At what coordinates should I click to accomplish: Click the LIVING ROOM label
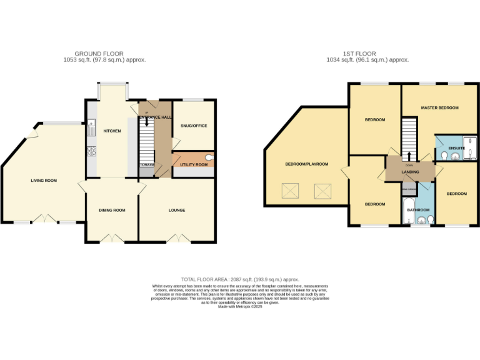[44, 181]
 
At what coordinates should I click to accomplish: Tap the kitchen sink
[91, 130]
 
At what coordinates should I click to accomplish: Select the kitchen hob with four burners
[91, 151]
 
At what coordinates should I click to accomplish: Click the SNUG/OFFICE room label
[194, 126]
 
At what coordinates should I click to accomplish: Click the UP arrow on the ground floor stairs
[147, 122]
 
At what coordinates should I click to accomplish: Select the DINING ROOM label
[112, 211]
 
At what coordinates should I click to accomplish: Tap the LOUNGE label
[177, 211]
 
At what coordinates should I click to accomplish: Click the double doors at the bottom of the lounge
[177, 238]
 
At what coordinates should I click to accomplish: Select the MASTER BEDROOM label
[439, 108]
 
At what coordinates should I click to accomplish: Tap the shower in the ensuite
[469, 148]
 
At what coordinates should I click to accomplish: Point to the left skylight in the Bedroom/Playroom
[290, 190]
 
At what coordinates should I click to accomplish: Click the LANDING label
[410, 171]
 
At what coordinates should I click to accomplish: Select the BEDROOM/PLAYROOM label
[306, 164]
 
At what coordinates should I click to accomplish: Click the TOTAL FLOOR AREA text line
[240, 279]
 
